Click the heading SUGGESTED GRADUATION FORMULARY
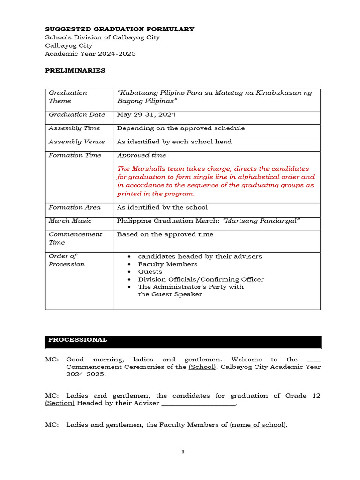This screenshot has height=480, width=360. (119, 29)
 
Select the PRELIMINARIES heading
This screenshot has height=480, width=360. (75, 71)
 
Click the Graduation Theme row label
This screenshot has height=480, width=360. (68, 97)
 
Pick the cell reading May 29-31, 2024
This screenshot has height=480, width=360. (146, 115)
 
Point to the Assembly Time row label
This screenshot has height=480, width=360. (74, 128)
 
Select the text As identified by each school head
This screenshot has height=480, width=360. (174, 142)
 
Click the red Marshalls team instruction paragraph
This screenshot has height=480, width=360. (216, 181)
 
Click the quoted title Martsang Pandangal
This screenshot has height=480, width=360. (261, 221)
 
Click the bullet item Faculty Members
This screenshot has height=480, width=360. (167, 264)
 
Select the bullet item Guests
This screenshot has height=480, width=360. (150, 272)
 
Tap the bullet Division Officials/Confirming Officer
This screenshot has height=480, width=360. (201, 279)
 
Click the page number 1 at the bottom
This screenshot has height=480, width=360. (183, 452)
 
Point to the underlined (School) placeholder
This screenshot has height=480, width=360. (202, 367)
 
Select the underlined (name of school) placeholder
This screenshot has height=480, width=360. (258, 425)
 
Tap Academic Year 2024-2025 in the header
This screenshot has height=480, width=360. (90, 54)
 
